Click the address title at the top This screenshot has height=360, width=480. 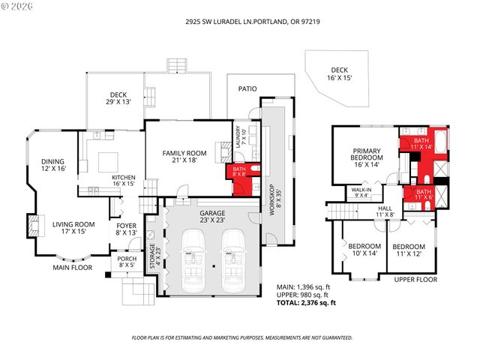[240, 22]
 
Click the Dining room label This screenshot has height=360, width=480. [52, 165]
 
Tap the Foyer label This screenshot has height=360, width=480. [124, 228]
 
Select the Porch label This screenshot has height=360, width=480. [124, 262]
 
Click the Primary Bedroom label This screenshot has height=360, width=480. [367, 158]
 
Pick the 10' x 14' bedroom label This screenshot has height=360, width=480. [364, 250]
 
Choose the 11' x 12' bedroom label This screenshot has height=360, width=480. [409, 250]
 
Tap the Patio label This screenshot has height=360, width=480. [247, 88]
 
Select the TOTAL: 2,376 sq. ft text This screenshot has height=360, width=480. [307, 302]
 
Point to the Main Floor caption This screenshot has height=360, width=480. [71, 266]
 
